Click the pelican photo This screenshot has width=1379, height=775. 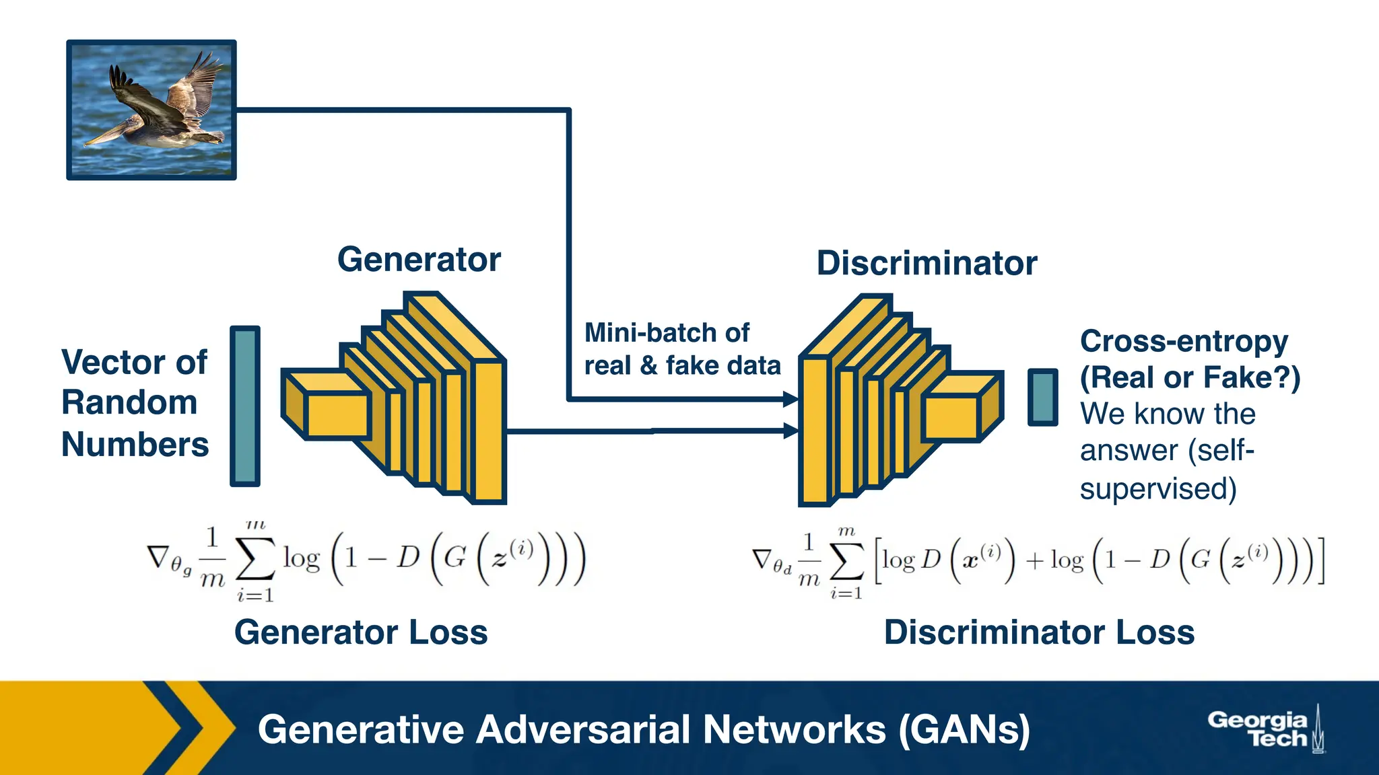152,110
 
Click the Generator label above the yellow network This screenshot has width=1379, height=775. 419,260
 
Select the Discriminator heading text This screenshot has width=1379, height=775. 927,263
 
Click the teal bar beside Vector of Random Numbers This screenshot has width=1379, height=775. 245,406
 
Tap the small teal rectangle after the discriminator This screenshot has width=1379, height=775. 1042,398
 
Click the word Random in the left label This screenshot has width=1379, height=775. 129,403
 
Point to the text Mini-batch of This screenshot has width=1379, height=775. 666,333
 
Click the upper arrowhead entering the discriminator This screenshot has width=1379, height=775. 791,400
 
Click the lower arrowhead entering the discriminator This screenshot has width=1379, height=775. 791,431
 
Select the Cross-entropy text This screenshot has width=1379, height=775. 1184,342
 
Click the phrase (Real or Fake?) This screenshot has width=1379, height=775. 1190,377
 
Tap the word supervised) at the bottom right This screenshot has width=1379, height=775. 1158,489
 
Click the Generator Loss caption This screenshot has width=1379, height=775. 361,632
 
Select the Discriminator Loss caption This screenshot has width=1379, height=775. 1039,632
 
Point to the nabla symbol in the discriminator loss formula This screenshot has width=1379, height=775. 762,559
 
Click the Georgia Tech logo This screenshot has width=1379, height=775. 1265,729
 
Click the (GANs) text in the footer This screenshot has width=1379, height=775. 964,730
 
